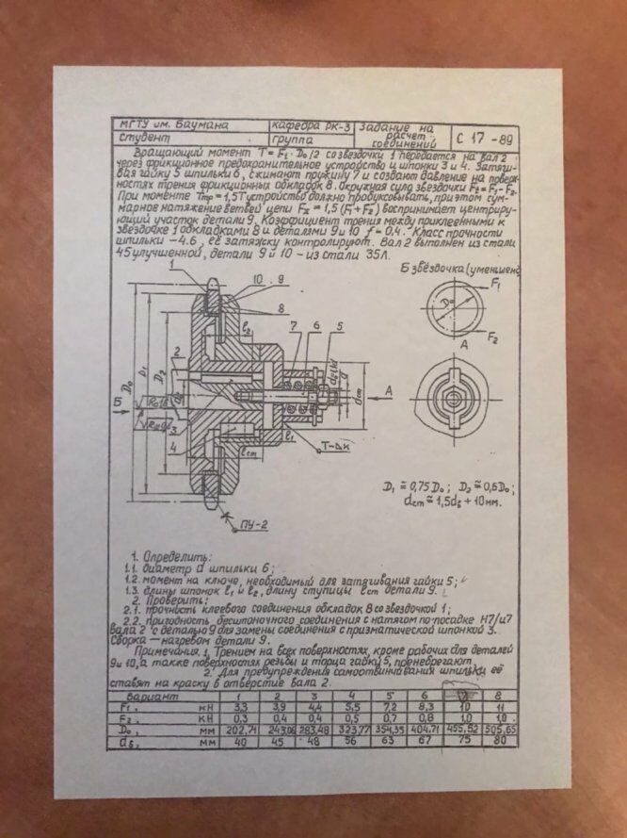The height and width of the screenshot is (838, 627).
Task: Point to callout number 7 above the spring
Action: click(x=295, y=325)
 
